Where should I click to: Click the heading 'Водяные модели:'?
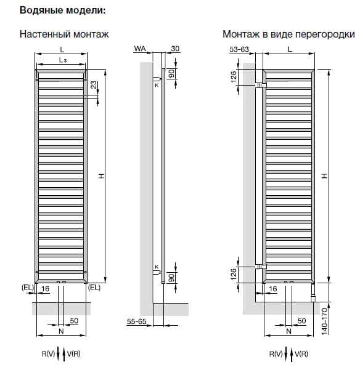[x=63, y=10]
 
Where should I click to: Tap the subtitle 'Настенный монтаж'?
[x=64, y=34]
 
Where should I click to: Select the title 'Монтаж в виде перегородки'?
[x=288, y=34]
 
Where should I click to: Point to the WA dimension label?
[x=140, y=49]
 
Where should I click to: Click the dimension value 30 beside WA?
[x=175, y=49]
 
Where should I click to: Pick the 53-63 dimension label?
[x=239, y=49]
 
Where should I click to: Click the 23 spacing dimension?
[x=94, y=85]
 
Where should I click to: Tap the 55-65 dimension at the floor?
[x=136, y=321]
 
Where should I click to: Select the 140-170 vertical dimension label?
[x=324, y=321]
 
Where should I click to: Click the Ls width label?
[x=63, y=60]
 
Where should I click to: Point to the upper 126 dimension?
[x=234, y=77]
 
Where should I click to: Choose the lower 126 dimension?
[x=234, y=274]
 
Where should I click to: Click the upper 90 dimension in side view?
[x=172, y=73]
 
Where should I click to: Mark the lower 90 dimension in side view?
[x=172, y=278]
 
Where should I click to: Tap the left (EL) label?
[x=28, y=288]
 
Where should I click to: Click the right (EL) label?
[x=94, y=288]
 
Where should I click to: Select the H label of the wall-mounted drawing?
[x=101, y=176]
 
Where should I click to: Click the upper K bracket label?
[x=157, y=85]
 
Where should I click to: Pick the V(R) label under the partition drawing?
[x=301, y=354]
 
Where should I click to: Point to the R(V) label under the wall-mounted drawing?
[x=48, y=354]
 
